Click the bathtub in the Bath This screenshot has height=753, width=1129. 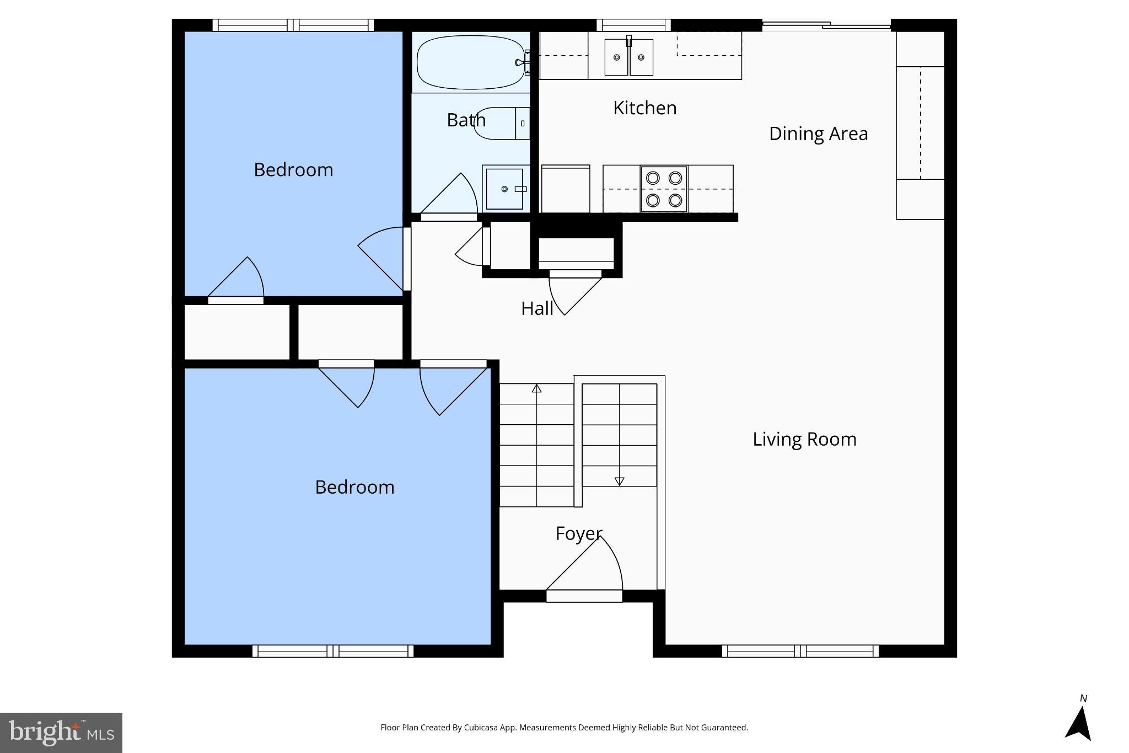coord(470,62)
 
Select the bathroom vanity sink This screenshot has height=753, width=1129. coord(504,189)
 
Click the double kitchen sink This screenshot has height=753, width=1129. coord(628,57)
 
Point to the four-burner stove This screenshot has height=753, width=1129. coord(664,189)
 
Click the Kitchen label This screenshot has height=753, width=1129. coord(644,108)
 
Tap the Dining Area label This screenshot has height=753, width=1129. coord(818,133)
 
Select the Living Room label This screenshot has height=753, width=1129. coord(804,439)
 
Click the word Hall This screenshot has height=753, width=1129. coord(537,308)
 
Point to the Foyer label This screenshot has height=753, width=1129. coord(578,533)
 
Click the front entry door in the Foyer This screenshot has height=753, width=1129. coord(584,595)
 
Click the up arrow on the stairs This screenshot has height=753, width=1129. coord(536,389)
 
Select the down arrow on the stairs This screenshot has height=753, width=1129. coord(619,481)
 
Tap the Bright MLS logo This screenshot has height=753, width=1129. coord(61,733)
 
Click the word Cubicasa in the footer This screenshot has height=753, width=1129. coord(481,727)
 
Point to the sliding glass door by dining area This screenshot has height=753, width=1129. coord(826,25)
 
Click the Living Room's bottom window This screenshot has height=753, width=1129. coord(800,651)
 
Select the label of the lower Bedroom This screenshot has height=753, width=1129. coord(354,487)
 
